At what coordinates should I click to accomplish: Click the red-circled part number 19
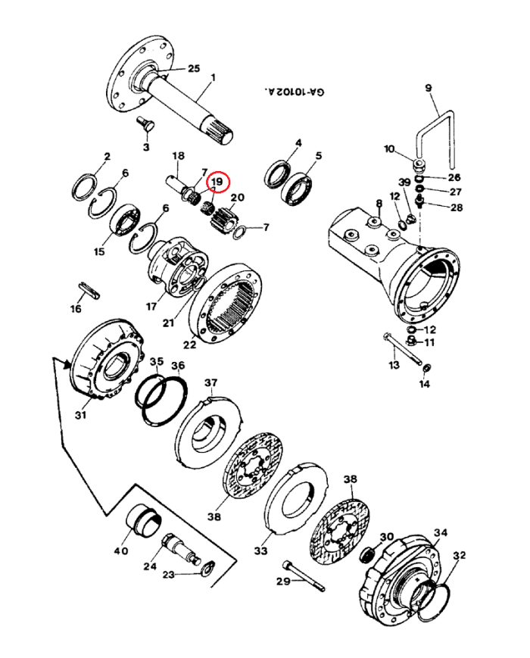pos(217,182)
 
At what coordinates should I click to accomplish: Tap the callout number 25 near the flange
pos(194,69)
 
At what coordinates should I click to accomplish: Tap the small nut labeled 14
pos(426,369)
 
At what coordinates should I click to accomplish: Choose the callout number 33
pos(260,550)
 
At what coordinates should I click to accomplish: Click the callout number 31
pos(81,414)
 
